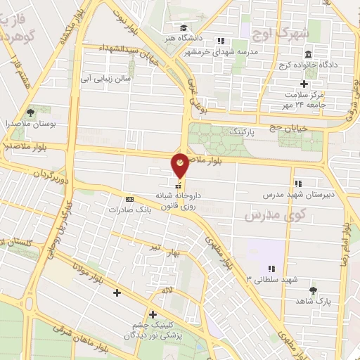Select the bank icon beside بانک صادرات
point(128,199)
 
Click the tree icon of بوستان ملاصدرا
point(30,111)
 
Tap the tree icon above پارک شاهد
point(313,289)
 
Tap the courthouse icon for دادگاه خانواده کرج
point(308,55)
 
